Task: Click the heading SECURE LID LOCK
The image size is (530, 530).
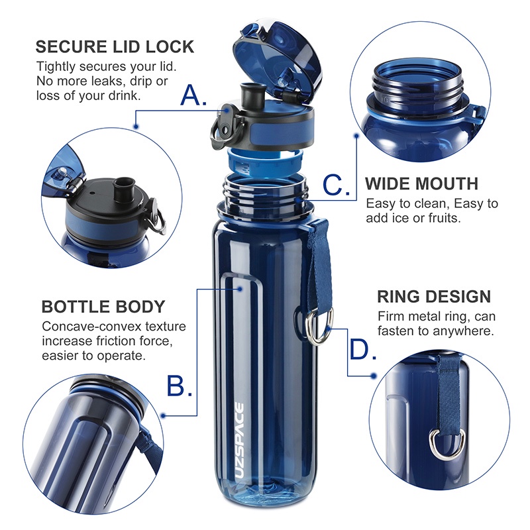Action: tap(115, 46)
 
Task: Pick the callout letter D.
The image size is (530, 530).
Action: tap(363, 350)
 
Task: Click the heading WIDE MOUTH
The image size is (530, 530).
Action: tap(421, 184)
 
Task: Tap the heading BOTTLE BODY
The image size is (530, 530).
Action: tap(103, 307)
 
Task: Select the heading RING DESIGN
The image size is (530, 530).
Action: tap(434, 296)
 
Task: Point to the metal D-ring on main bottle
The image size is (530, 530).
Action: tap(317, 327)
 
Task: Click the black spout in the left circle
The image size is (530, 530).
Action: tap(123, 187)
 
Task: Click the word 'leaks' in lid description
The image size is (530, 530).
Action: tap(103, 81)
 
